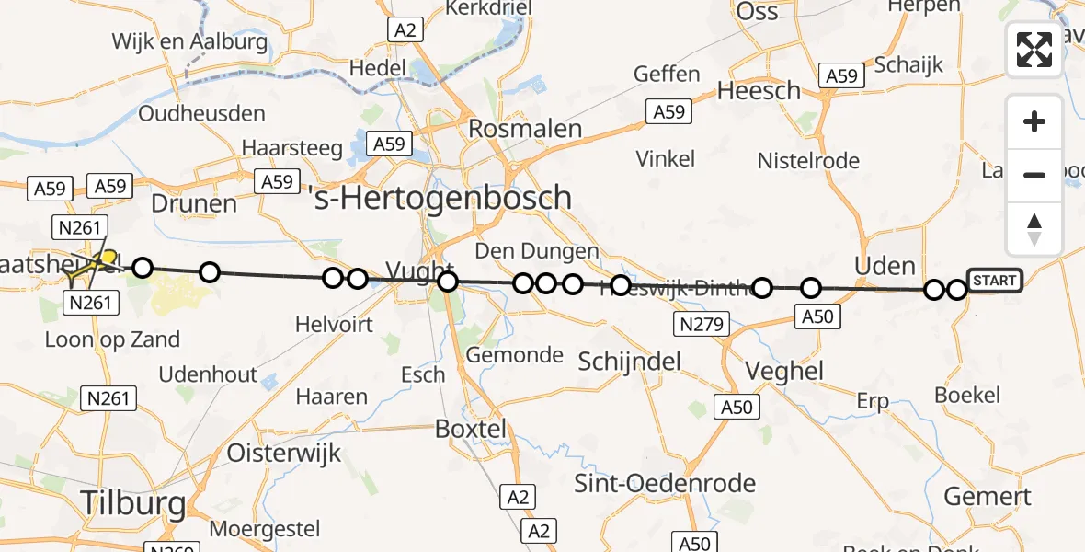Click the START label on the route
click(994, 281)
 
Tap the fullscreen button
click(1034, 50)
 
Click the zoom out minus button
click(1034, 175)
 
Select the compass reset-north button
click(1034, 229)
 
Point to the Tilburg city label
click(133, 503)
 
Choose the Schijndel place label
click(630, 361)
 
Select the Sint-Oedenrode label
click(665, 483)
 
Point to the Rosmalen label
click(525, 129)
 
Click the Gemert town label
click(988, 497)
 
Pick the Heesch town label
click(759, 91)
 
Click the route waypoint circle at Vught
click(447, 281)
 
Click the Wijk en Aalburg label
click(189, 41)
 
